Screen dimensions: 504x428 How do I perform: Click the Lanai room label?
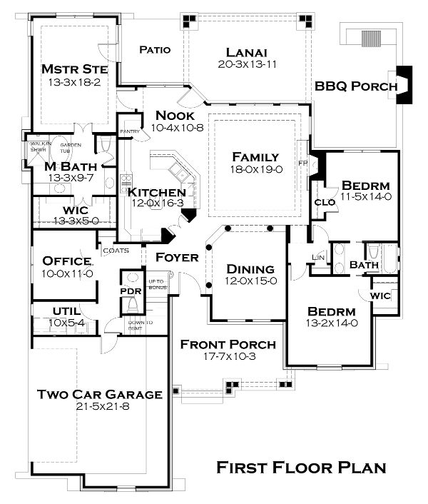246,51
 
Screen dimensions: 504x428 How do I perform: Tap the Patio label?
154,50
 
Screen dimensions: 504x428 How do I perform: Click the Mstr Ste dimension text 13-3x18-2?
74,81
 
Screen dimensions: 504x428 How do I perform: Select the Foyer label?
177,257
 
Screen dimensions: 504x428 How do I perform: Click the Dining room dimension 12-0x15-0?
250,281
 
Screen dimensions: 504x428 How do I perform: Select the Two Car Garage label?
99,394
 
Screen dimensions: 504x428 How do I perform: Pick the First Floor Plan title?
301,468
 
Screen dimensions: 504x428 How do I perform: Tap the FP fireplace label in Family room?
302,162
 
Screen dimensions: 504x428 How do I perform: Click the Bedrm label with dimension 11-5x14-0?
365,183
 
